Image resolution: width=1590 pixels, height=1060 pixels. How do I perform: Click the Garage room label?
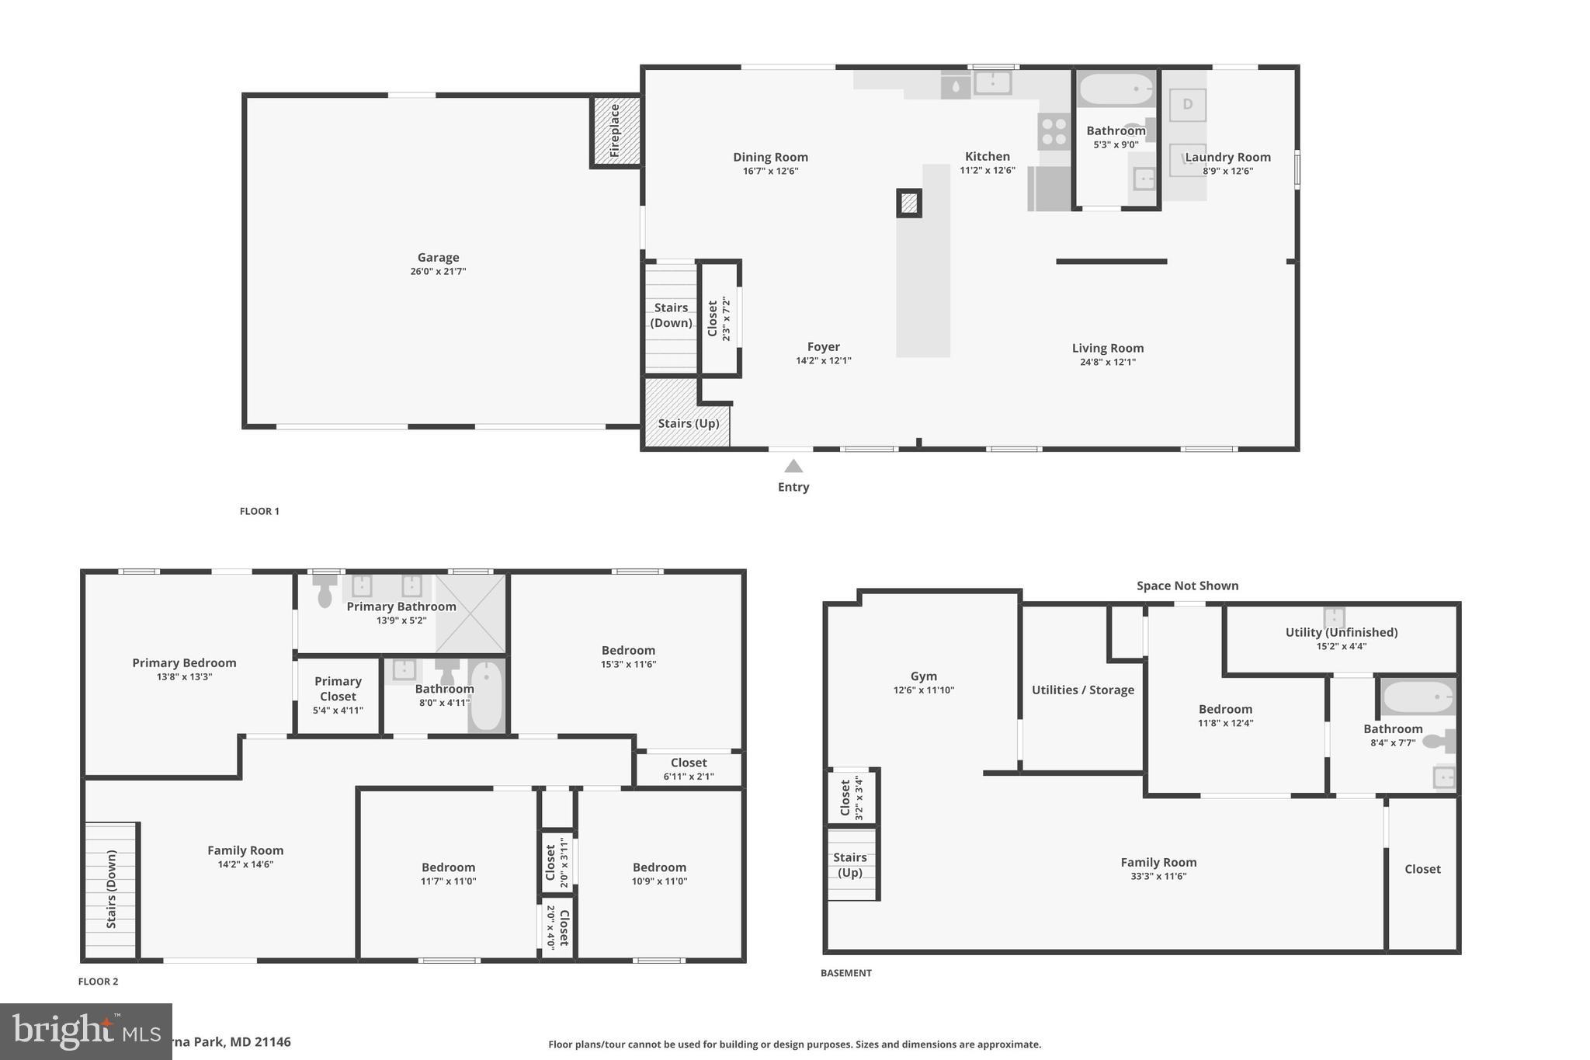[438, 258]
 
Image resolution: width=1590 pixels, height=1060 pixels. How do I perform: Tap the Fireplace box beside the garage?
[616, 130]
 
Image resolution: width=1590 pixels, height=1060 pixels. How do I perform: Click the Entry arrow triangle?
[793, 466]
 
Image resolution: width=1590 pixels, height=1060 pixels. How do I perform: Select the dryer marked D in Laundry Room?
[1187, 105]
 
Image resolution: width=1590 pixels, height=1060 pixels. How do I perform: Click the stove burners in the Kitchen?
[1054, 131]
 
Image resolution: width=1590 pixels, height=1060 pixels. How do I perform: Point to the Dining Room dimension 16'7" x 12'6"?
[770, 171]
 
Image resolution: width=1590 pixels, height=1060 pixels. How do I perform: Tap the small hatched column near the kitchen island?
[909, 203]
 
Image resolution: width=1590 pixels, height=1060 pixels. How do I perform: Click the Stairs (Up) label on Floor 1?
[688, 423]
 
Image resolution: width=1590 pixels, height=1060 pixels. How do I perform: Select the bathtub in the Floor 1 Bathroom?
[1116, 90]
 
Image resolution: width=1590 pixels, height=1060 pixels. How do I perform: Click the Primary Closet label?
[338, 688]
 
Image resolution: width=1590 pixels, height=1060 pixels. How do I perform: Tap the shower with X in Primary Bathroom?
[470, 613]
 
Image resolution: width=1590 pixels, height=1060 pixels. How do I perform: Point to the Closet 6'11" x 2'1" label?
[688, 769]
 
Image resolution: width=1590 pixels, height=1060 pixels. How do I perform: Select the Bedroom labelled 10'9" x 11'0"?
[659, 873]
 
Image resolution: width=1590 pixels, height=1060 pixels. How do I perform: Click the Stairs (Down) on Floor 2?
[111, 890]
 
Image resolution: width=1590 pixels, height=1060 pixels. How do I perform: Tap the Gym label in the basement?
[923, 676]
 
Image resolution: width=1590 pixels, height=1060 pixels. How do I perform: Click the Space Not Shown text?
[1187, 586]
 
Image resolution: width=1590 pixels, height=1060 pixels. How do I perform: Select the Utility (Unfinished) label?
[1341, 632]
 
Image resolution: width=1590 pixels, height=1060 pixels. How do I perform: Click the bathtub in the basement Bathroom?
[1417, 697]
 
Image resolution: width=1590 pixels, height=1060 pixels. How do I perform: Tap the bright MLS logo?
[85, 1031]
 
